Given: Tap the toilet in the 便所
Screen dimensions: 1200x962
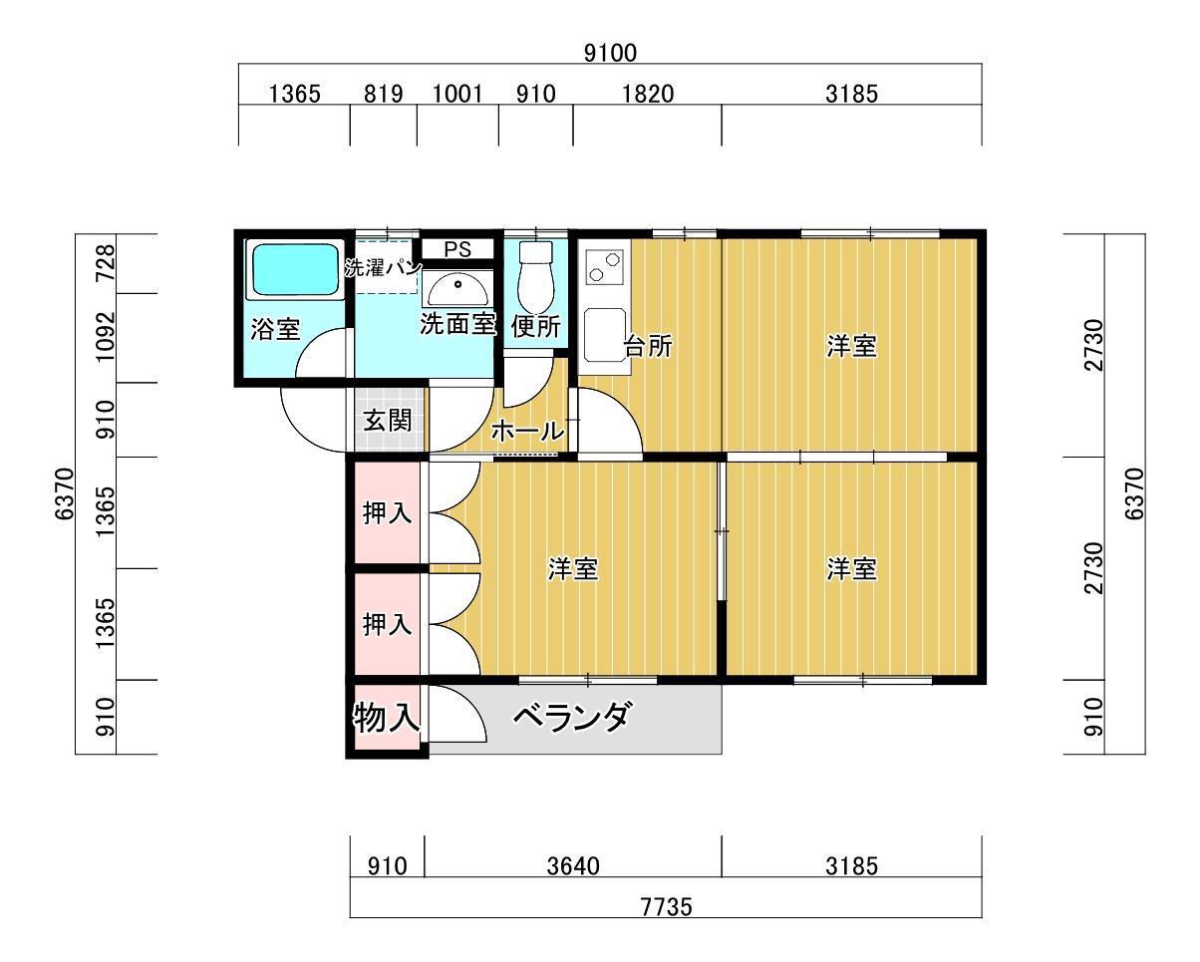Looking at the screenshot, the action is coord(535,277).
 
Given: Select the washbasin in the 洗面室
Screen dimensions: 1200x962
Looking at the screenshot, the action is coord(457,289).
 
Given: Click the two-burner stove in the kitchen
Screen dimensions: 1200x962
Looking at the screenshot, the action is coord(604,267).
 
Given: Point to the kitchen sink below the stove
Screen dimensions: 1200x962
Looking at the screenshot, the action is coord(604,335).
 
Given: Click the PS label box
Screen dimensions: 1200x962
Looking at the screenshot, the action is coord(457,249).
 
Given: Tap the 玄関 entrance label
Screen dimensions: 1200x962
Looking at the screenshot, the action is coord(388,420).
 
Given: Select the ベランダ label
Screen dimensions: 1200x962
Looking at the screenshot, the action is coord(573,717).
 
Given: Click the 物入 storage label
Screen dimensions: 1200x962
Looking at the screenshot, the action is coord(387,718).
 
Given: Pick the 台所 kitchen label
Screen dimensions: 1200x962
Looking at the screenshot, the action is coord(648,346).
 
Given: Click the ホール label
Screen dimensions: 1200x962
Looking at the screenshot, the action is coord(527,431).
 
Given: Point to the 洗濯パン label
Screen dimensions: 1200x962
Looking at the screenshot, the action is coord(383,268).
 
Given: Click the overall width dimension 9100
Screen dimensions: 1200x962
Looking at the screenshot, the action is coord(610,53).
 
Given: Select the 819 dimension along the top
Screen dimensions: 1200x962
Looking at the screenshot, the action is coord(383,94).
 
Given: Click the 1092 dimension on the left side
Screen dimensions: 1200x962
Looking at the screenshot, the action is coord(106,337).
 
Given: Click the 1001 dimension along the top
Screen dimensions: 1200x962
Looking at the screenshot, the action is coord(457,94).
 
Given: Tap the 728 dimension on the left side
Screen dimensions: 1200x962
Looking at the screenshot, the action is coord(106,263).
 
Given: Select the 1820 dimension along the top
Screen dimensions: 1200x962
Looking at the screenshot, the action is coord(648,94).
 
